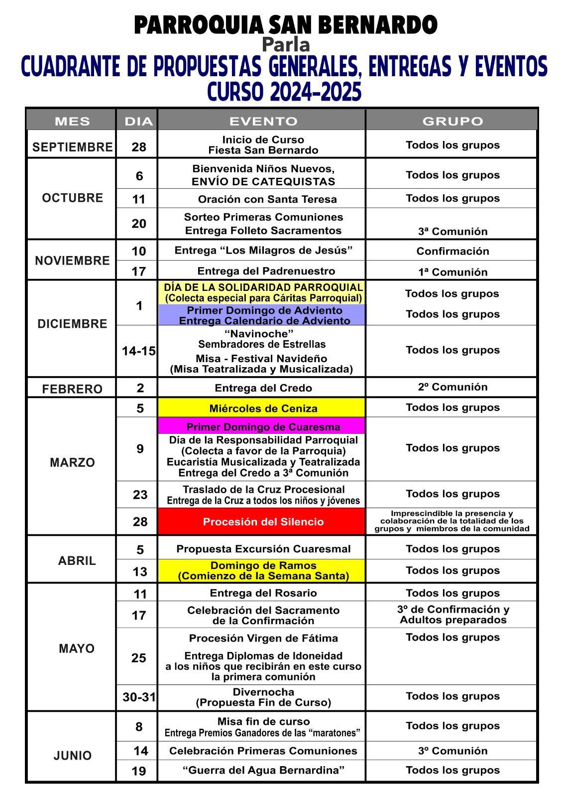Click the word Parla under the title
[286, 45]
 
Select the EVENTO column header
[263, 121]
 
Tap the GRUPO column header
[452, 121]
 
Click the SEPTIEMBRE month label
[72, 147]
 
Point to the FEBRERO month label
[72, 389]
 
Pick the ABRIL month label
[77, 560]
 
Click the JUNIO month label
[73, 755]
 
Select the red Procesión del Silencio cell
[263, 522]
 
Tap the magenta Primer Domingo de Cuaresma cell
[263, 426]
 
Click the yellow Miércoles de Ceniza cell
[263, 408]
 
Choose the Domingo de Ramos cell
[263, 570]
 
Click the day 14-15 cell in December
[138, 351]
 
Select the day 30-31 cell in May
[139, 697]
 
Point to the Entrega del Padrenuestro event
[266, 271]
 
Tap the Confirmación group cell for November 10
[452, 251]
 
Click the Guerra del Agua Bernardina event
[263, 770]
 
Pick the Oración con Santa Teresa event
[267, 199]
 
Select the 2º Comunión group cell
[452, 387]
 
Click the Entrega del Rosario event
[263, 593]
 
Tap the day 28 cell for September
[139, 146]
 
